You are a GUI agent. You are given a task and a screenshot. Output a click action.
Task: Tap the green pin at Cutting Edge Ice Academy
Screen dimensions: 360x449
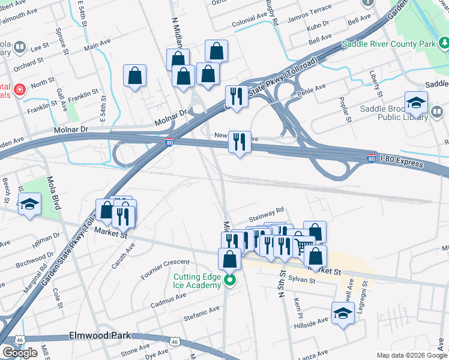click(x=229, y=280)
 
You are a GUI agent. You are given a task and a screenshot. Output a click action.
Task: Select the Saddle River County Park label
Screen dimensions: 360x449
click(x=388, y=44)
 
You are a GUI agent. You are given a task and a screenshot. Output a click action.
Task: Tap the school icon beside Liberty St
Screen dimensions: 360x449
click(x=416, y=103)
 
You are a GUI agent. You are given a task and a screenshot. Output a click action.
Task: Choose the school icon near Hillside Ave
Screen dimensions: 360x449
click(x=343, y=313)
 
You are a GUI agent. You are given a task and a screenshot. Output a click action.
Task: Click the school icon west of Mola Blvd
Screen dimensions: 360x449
click(x=29, y=205)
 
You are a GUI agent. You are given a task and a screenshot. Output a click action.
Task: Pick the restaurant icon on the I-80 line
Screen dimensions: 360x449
click(x=240, y=142)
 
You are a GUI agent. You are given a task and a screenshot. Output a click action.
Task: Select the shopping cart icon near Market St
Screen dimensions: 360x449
click(x=304, y=244)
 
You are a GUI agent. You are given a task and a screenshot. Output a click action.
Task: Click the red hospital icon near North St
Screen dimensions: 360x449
click(x=20, y=89)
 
